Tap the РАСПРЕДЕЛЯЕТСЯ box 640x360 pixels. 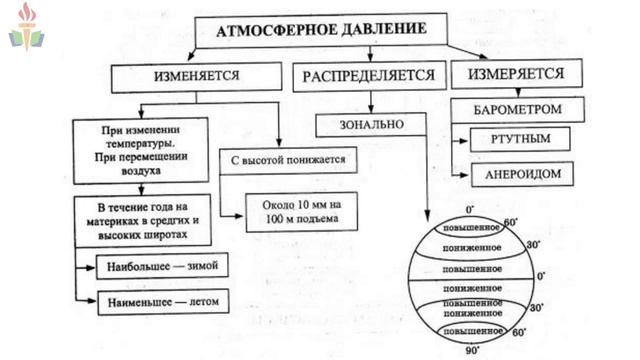pos(370,76)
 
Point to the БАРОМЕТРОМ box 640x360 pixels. pos(516,108)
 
